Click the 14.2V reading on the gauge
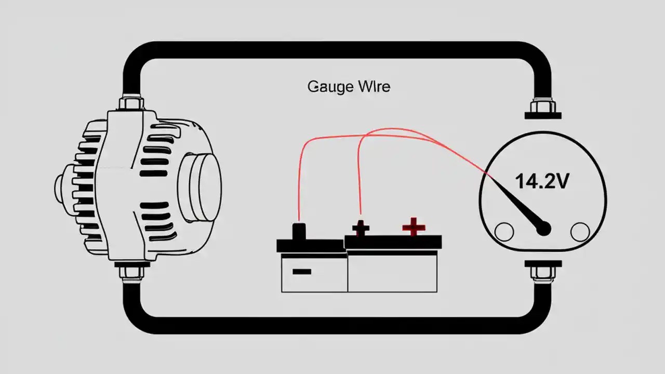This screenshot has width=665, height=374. tap(542, 181)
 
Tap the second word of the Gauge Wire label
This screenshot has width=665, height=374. tap(374, 86)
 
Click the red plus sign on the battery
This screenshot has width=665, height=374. tap(414, 227)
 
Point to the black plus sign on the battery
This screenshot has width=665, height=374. tap(361, 228)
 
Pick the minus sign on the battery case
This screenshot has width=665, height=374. tap(301, 271)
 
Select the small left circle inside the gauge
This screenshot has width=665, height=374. tap(504, 232)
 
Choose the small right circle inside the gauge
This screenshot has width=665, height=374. tap(580, 232)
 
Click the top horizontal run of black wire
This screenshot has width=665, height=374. tap(332, 50)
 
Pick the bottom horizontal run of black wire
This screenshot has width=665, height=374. tap(332, 325)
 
